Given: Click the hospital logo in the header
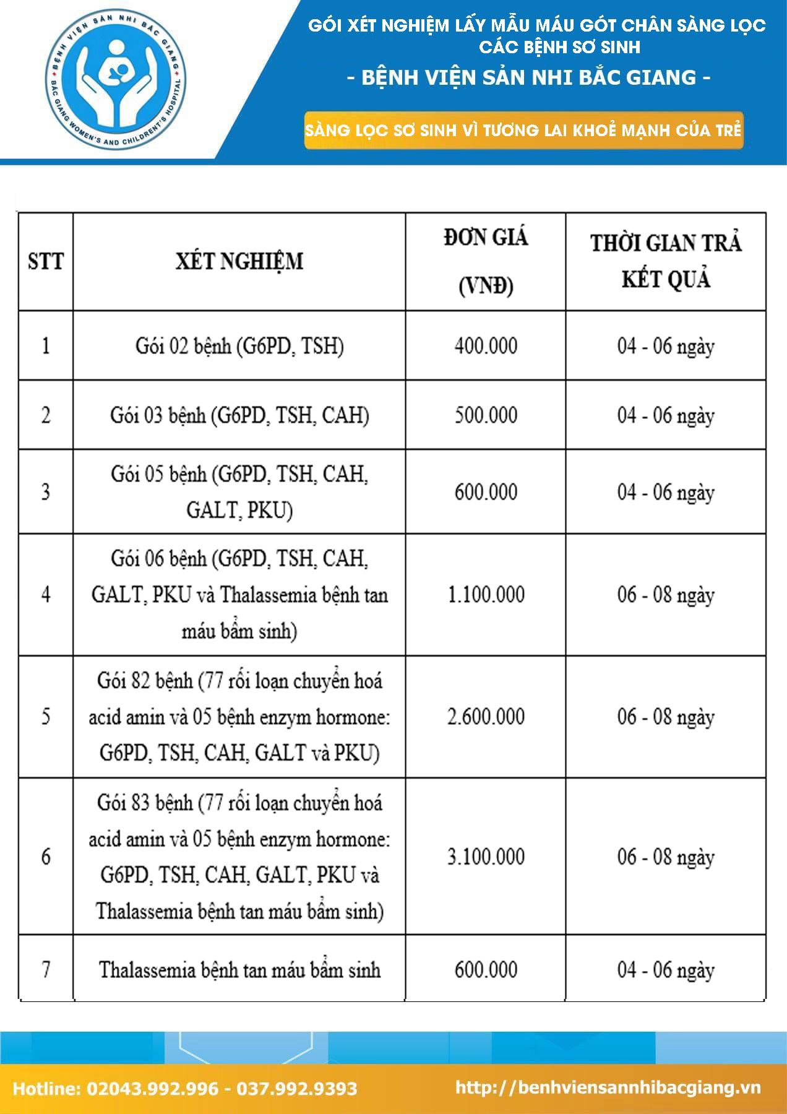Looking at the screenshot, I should (x=116, y=82).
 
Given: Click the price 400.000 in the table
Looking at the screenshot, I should (x=486, y=345).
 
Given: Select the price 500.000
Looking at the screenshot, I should (x=486, y=415).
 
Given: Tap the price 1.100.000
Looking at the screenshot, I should (x=486, y=595).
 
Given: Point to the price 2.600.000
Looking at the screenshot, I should (x=486, y=717).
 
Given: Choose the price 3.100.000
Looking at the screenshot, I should (x=486, y=857).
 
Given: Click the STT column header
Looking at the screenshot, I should (x=46, y=261).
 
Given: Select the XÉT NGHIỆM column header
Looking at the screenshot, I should (x=239, y=261).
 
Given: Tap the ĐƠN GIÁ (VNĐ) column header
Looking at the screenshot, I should (x=486, y=261).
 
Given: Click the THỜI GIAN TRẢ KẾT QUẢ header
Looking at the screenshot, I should (x=666, y=261).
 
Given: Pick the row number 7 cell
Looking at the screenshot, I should (x=46, y=969).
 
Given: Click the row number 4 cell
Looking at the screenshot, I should (x=46, y=595).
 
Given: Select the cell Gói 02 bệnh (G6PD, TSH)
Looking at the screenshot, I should (x=239, y=345).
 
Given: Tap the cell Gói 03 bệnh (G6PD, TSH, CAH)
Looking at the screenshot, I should (x=239, y=415).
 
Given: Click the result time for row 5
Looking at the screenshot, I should (x=666, y=717).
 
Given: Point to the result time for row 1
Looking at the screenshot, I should (x=666, y=345).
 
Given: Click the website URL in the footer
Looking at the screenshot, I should (x=608, y=1088).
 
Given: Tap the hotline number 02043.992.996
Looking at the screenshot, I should (x=152, y=1089).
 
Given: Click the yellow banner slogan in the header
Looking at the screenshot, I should (x=523, y=131).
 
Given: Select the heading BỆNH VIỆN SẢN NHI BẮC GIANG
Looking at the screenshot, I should (x=536, y=77).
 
